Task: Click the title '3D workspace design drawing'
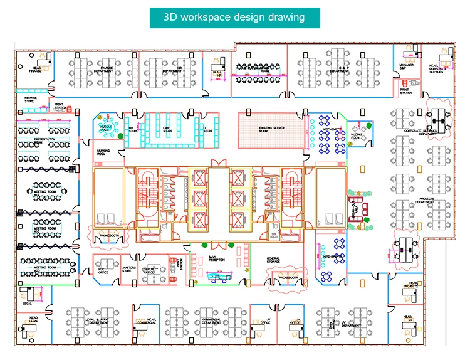(234, 17)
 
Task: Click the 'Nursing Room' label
(103, 152)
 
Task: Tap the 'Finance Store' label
(31, 98)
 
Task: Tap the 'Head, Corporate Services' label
(436, 68)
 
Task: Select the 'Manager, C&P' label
(407, 66)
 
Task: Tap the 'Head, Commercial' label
(151, 320)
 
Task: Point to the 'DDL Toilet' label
(274, 236)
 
